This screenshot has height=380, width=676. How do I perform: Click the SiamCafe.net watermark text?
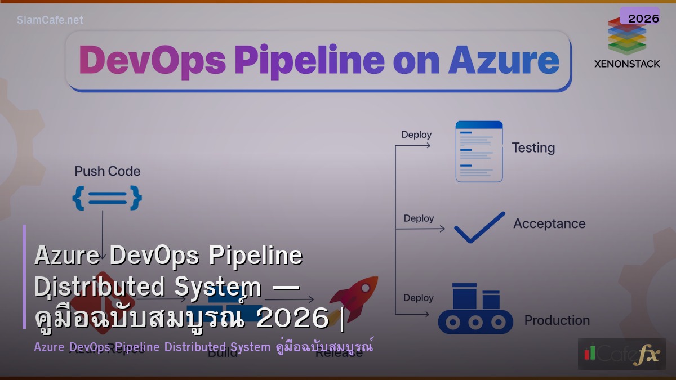point(50,20)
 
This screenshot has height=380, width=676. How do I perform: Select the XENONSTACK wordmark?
point(627,64)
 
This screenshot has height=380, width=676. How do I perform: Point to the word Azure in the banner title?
point(504,60)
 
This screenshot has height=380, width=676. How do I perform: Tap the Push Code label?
point(108,171)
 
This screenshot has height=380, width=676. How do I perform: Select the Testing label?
point(533,148)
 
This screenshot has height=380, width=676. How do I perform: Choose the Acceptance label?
point(549,223)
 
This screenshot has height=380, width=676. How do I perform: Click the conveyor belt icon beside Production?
point(475,310)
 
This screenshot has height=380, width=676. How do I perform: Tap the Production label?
point(557,320)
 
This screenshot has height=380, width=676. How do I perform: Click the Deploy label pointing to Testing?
point(416,135)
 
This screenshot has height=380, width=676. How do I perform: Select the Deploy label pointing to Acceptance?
point(419,218)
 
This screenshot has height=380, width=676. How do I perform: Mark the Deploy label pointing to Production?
point(419,298)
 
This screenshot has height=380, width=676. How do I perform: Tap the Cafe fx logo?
point(621,354)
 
